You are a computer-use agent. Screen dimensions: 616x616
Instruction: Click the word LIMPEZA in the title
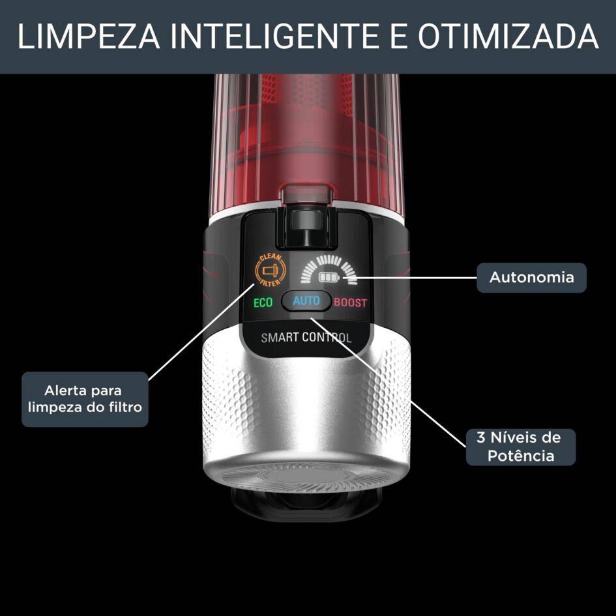click(89, 36)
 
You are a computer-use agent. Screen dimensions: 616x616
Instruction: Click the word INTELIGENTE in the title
click(274, 36)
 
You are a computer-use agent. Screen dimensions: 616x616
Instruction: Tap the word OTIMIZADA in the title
click(508, 36)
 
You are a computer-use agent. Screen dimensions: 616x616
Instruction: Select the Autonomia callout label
click(531, 277)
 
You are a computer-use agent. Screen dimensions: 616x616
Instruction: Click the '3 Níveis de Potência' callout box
click(521, 447)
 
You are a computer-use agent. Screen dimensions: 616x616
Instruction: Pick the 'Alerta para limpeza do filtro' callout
click(85, 399)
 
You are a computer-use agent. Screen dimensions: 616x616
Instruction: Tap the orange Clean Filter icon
click(271, 270)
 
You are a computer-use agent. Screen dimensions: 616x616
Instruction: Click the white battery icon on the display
click(329, 277)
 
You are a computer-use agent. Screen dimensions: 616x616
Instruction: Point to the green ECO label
click(263, 302)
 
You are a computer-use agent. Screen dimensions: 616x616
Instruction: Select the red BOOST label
click(350, 302)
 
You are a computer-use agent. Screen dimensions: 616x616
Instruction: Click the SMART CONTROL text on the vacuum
click(306, 338)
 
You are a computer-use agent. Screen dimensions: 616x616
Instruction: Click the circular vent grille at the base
click(306, 478)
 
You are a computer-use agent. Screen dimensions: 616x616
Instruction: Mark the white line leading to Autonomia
click(409, 278)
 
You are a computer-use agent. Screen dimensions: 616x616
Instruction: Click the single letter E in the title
click(398, 36)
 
